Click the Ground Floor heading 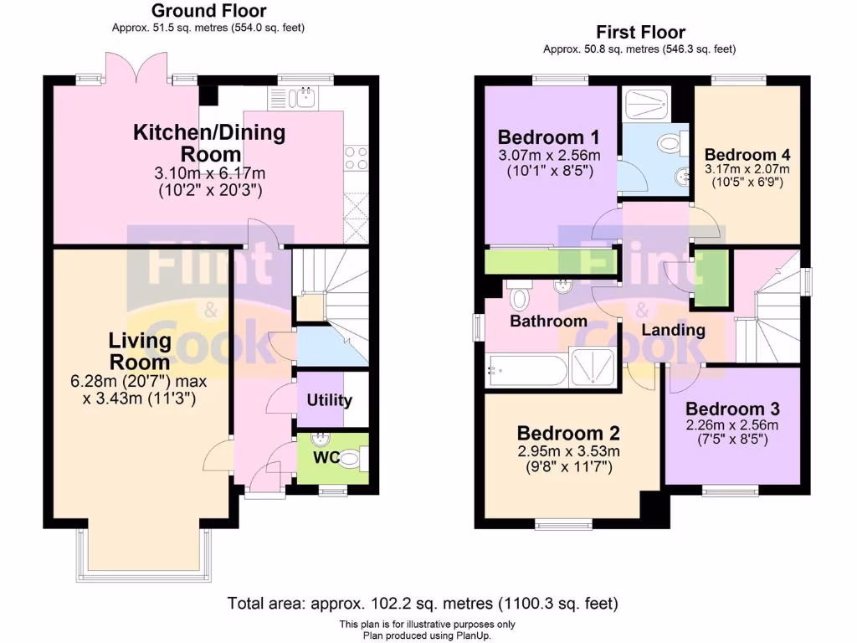click(x=208, y=11)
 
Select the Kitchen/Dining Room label click(x=210, y=143)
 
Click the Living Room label click(x=140, y=352)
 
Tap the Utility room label click(x=329, y=400)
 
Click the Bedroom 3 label click(x=732, y=409)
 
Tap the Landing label click(x=673, y=330)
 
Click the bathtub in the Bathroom click(x=526, y=369)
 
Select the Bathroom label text click(x=548, y=321)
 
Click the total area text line click(x=423, y=603)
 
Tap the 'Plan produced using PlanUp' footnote click(x=427, y=635)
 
